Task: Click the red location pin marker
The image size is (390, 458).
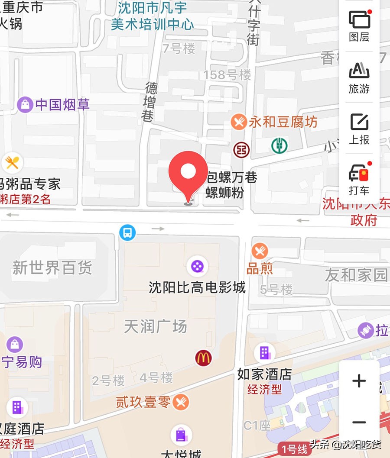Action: click(x=188, y=173)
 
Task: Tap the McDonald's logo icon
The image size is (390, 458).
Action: click(x=203, y=358)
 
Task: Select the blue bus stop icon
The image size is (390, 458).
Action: click(x=127, y=233)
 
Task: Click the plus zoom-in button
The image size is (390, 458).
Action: click(x=359, y=381)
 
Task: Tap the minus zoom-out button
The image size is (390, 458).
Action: click(x=359, y=423)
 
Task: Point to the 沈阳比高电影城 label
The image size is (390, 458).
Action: click(x=197, y=287)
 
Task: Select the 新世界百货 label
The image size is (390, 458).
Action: click(x=52, y=268)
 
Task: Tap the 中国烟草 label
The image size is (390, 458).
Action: click(x=62, y=105)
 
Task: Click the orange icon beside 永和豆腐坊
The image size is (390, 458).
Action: click(x=239, y=122)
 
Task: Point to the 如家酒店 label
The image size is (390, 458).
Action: click(x=264, y=374)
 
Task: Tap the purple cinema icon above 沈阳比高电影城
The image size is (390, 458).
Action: click(x=197, y=266)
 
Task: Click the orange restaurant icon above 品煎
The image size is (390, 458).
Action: click(x=260, y=251)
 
